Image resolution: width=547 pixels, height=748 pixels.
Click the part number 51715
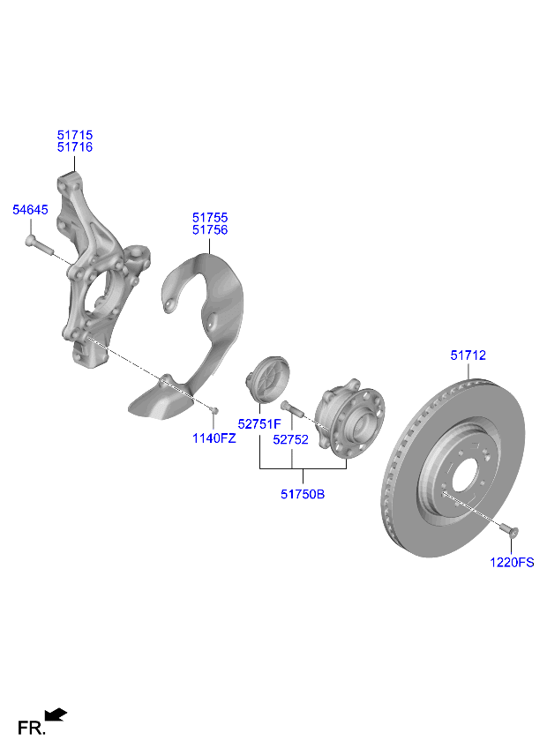tap(75, 135)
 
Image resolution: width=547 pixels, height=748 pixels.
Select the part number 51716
tap(75, 147)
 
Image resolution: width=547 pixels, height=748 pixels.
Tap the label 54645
tap(30, 210)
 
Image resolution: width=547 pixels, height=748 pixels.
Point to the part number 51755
tap(210, 217)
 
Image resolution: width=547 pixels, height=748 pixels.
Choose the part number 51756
tap(210, 229)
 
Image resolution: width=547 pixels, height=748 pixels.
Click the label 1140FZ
tap(215, 438)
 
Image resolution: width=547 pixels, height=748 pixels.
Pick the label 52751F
tap(259, 424)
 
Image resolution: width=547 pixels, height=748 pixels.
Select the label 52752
tap(291, 438)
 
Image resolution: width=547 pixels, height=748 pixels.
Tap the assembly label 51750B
tap(303, 495)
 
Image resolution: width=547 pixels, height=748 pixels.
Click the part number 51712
tap(468, 355)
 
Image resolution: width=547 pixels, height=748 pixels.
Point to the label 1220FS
tap(513, 562)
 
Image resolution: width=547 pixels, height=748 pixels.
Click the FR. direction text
tap(31, 729)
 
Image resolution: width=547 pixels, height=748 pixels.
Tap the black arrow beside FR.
tap(56, 714)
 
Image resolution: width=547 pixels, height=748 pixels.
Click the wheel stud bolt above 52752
tap(292, 409)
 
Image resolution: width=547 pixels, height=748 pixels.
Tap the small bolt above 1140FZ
tap(214, 409)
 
